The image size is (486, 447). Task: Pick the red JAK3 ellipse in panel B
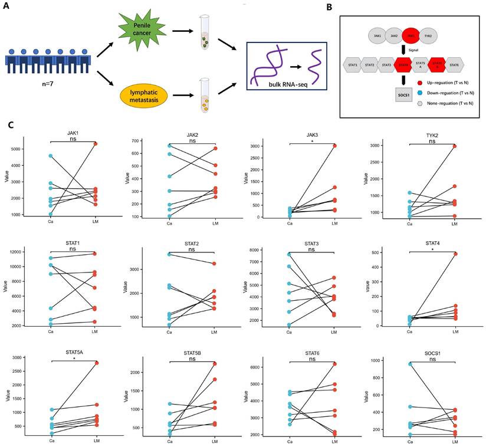pyautogui.click(x=411, y=36)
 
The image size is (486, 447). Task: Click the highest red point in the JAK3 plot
pyautogui.click(x=334, y=146)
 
